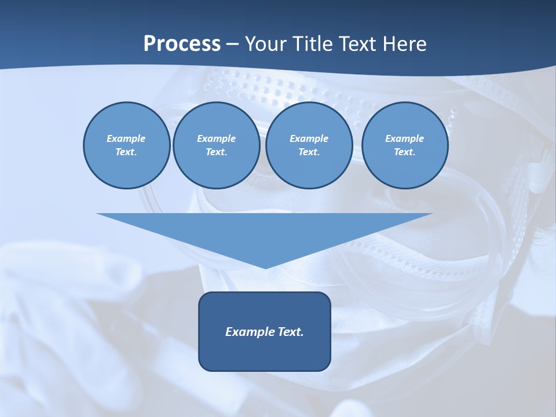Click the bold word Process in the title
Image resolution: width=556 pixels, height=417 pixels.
pyautogui.click(x=182, y=44)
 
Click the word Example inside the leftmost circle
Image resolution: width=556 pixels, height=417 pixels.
pyautogui.click(x=126, y=138)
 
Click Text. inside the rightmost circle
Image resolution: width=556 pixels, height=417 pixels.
pyautogui.click(x=404, y=152)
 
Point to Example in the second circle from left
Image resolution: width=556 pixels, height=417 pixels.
pyautogui.click(x=216, y=138)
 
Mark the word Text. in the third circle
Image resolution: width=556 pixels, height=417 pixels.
pyautogui.click(x=309, y=152)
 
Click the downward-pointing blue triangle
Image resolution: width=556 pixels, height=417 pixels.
pyautogui.click(x=265, y=232)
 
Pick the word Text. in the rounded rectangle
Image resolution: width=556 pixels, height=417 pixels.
pyautogui.click(x=289, y=332)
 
